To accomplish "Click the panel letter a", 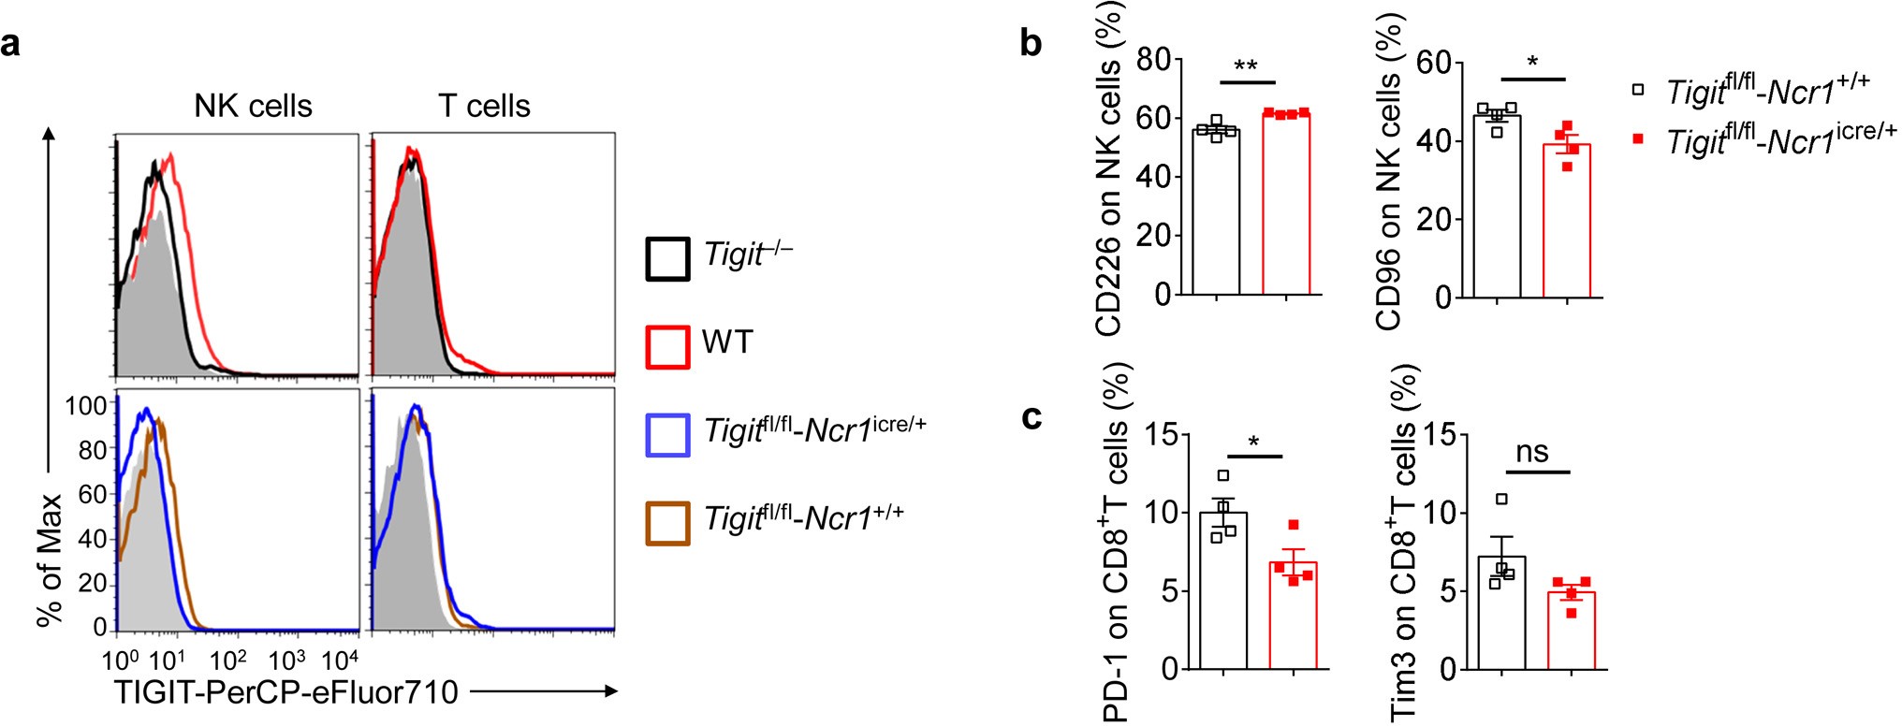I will coord(10,44).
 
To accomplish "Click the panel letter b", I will coord(1031,44).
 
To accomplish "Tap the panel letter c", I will coord(1031,417).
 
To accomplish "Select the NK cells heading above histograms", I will coord(253,107).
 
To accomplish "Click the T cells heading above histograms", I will coord(484,107).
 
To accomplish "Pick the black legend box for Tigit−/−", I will coord(667,259).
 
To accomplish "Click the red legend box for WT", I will coord(667,346).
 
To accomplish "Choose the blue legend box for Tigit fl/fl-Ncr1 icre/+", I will coord(667,435).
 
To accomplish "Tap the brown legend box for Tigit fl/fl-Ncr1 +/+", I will coord(667,523).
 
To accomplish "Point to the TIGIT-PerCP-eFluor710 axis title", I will coord(286,692).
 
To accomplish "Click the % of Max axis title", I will coord(49,559).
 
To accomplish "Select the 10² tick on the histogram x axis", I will coord(227,661).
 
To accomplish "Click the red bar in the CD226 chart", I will coord(1286,206).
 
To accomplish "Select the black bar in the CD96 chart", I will coord(1497,208).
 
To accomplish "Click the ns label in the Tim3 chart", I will coord(1531,453).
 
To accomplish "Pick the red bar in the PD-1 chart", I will coord(1293,617).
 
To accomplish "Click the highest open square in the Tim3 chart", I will coord(1502,500).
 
